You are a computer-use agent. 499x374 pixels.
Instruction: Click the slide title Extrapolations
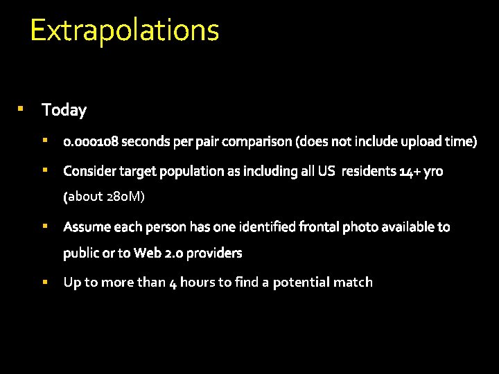pos(125,30)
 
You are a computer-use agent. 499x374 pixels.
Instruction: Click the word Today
pos(64,110)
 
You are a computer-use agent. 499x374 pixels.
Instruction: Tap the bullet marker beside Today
pos(21,109)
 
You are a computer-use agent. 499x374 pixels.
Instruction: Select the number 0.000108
pos(91,142)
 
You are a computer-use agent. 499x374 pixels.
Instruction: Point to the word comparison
pos(256,142)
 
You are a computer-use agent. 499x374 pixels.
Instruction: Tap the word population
pos(193,171)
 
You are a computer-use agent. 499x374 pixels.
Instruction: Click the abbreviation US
pos(326,171)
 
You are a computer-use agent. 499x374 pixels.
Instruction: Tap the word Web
pos(148,253)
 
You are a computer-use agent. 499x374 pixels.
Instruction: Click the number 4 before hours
pos(173,283)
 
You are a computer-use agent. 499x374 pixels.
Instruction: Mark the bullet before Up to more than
pos(44,282)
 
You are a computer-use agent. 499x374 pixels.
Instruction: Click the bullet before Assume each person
pos(44,226)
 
